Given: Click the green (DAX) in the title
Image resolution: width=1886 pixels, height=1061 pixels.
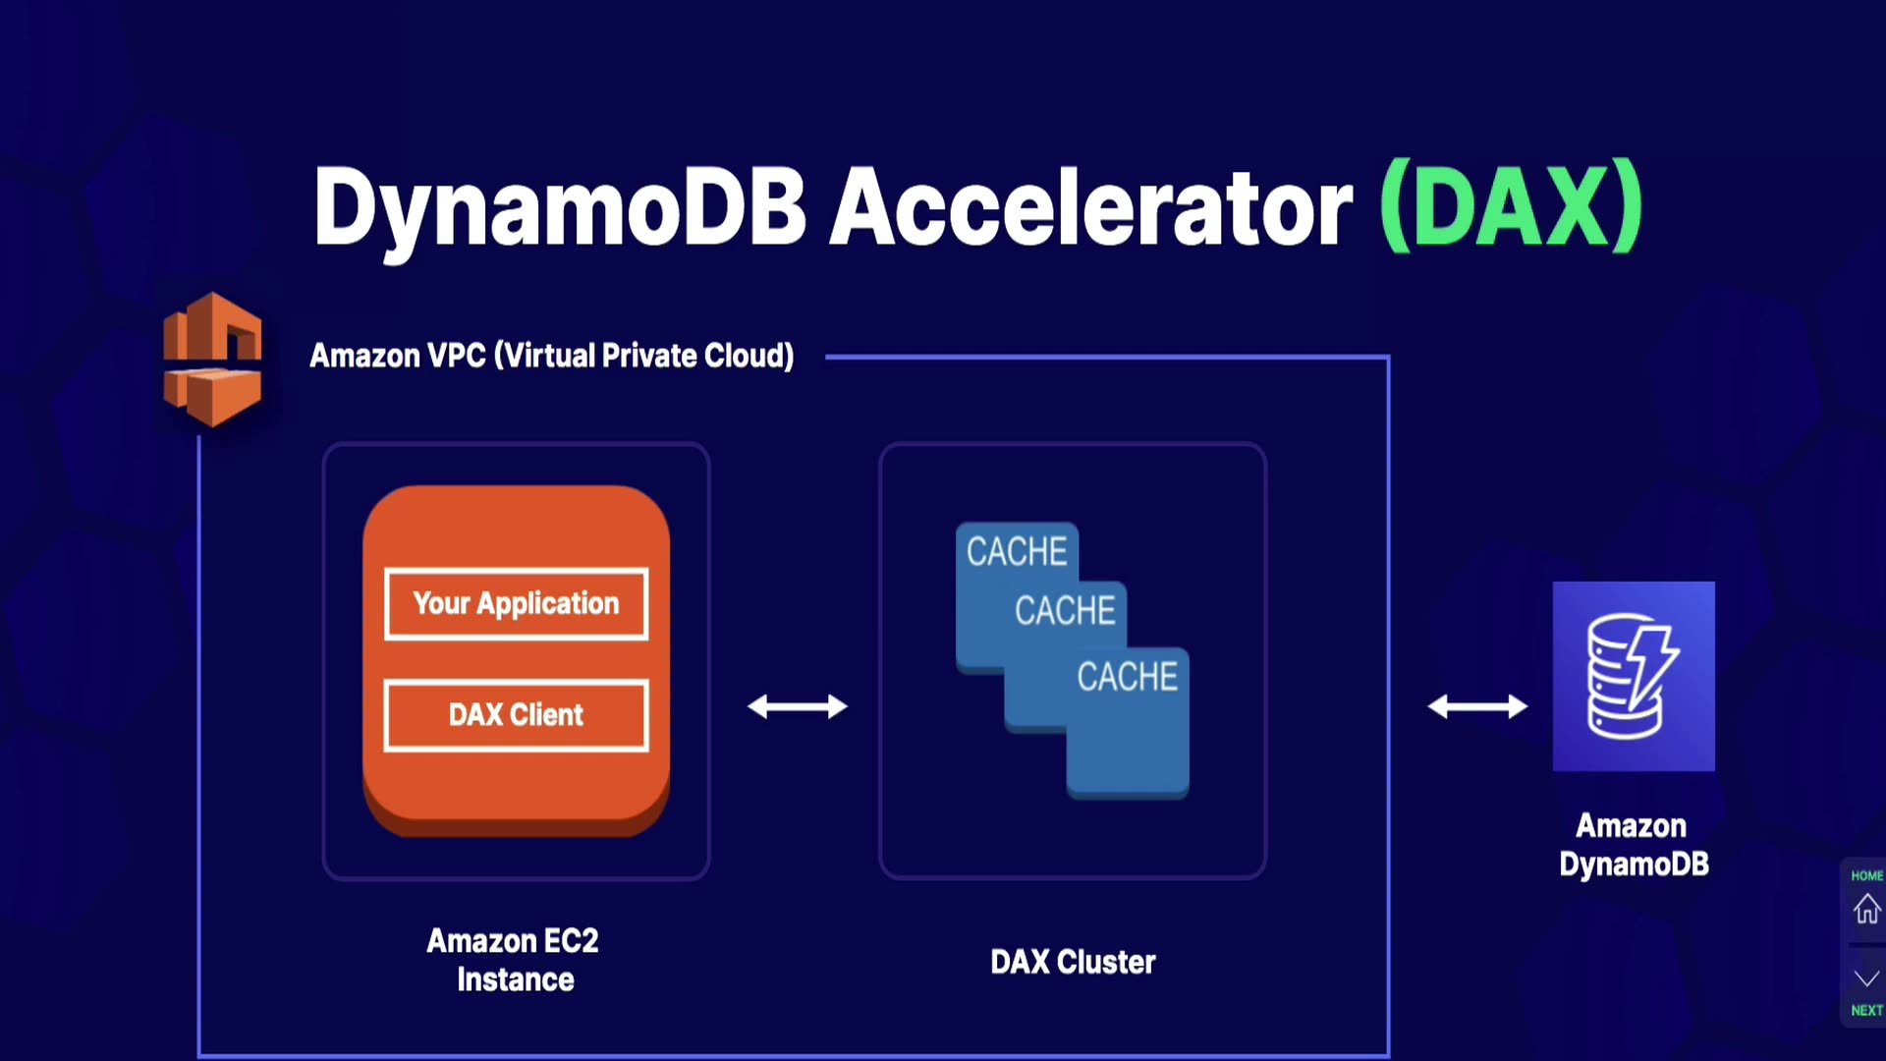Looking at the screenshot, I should click(1511, 206).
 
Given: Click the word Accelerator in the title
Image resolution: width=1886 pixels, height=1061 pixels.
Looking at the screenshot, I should click(1090, 206).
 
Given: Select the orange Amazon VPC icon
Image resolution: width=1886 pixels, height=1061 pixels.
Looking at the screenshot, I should click(212, 360).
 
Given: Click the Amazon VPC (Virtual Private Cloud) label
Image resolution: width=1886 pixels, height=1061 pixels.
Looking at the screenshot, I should click(551, 356).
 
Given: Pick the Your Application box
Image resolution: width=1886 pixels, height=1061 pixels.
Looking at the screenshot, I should click(516, 603).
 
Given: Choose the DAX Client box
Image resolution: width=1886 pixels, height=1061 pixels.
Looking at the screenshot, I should click(516, 715).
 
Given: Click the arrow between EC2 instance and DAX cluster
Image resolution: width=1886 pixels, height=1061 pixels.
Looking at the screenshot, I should click(797, 706).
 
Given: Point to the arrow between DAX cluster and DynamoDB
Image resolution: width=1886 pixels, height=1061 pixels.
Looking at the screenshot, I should click(1477, 706).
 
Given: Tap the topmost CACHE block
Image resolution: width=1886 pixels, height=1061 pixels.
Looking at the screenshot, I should click(1017, 552).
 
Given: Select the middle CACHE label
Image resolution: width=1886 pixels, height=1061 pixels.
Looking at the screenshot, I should click(1065, 611).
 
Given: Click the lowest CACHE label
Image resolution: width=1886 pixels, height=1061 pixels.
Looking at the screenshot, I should click(1127, 677).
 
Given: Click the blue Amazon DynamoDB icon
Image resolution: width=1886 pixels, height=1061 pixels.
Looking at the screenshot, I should click(1634, 676).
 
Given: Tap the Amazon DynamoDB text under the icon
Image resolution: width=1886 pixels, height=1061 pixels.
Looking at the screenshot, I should click(1634, 845).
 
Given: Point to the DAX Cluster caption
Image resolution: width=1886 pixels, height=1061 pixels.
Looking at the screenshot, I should click(1073, 962).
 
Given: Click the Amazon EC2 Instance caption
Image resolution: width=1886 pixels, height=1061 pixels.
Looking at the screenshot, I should click(514, 960).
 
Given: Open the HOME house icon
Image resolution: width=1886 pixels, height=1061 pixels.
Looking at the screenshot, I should click(1866, 907).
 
